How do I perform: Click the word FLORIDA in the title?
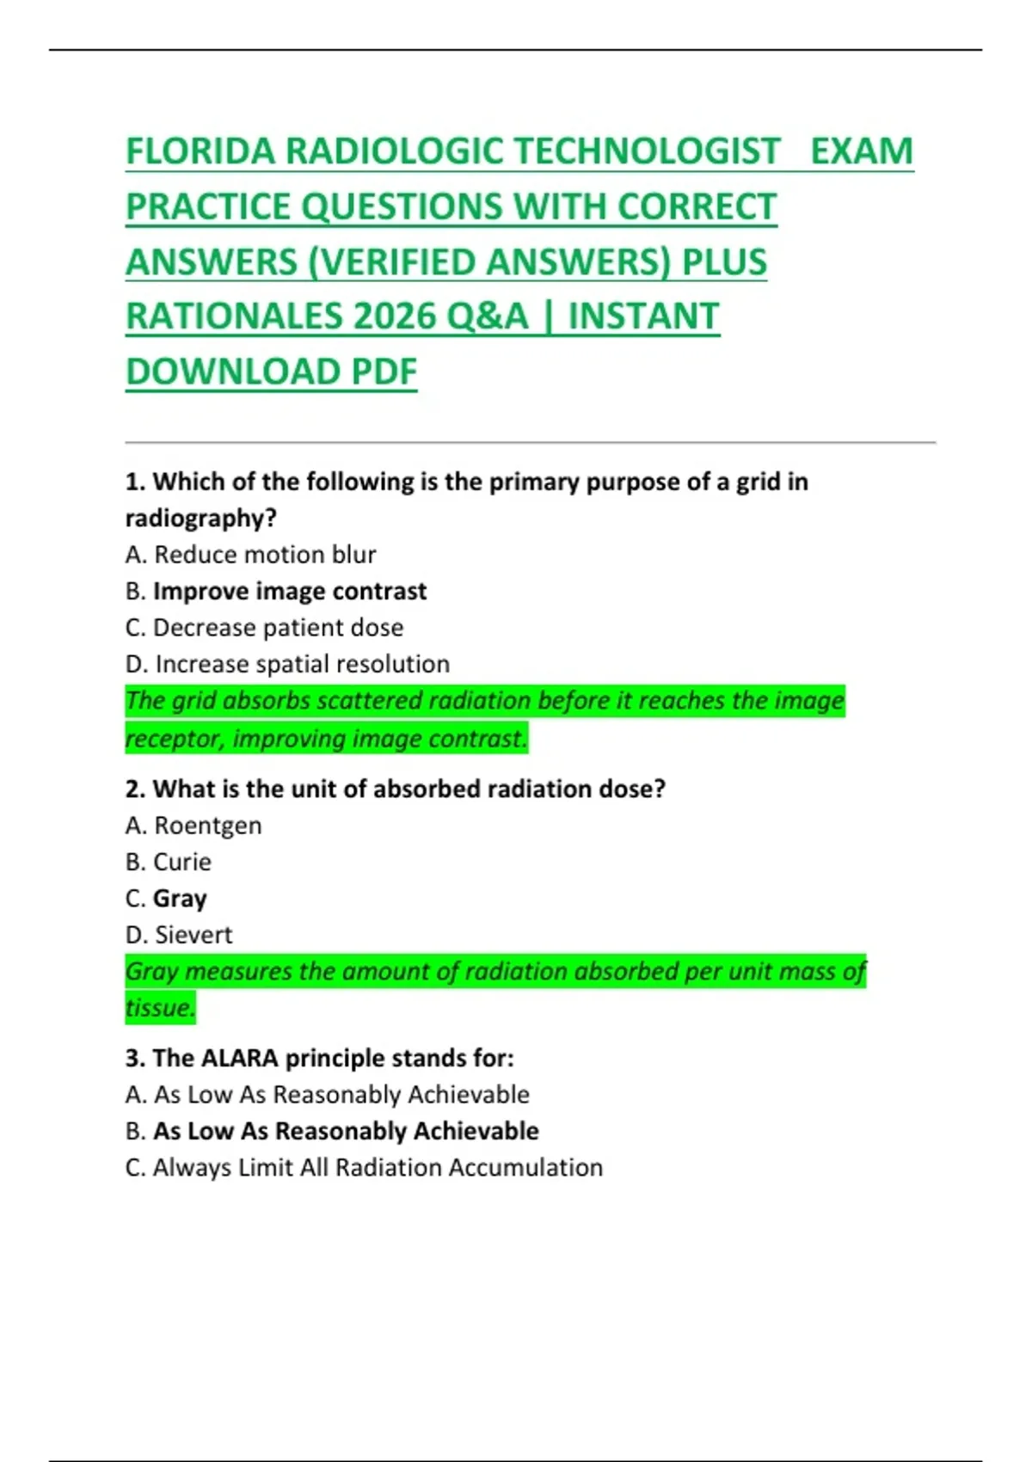click(x=200, y=152)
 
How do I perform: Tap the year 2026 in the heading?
click(x=394, y=317)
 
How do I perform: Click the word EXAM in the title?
click(x=861, y=152)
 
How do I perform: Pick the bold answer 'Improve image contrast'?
click(x=289, y=592)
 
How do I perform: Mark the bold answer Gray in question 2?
click(x=180, y=899)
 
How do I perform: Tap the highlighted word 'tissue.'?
click(x=160, y=1008)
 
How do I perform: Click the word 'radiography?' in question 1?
click(x=200, y=519)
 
